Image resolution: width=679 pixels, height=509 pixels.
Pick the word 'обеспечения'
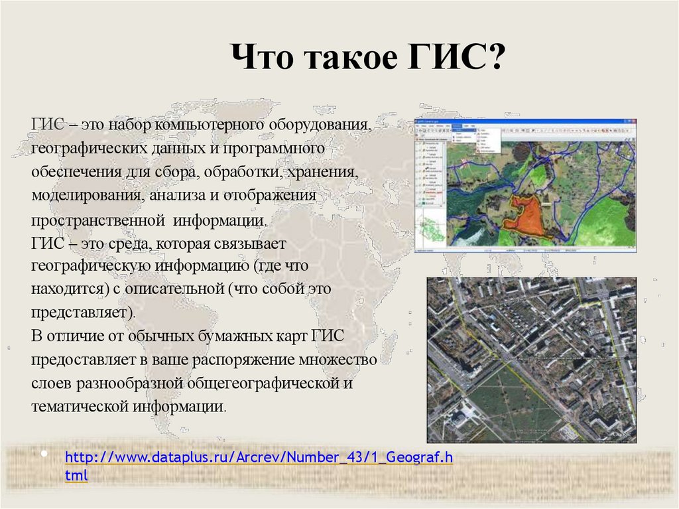(74, 173)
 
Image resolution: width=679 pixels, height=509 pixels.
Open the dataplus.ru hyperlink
(259, 459)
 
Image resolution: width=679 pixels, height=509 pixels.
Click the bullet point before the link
(44, 455)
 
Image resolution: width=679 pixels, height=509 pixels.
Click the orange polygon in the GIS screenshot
(525, 216)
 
